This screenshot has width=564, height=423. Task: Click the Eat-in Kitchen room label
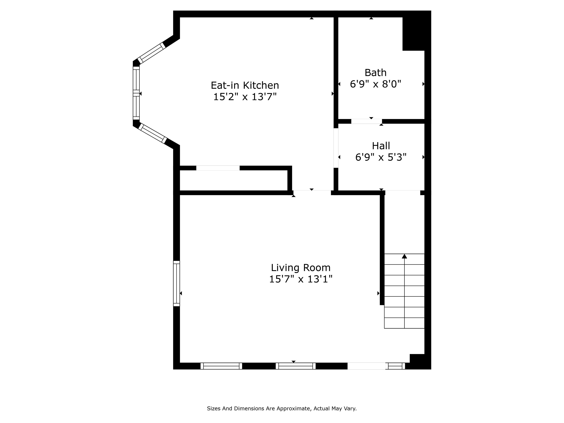point(245,85)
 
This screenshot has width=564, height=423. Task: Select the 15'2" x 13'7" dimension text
point(245,97)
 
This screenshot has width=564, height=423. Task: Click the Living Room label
point(301,268)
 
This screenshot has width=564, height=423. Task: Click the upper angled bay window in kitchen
point(151,53)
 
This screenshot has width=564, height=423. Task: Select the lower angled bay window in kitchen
point(152,133)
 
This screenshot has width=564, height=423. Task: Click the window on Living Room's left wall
point(176,283)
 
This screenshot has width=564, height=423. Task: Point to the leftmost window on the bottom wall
point(221,366)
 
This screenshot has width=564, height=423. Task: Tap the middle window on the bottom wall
point(296,366)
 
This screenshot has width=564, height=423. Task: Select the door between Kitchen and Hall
point(336,148)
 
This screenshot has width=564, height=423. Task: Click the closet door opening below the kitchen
point(218,168)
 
